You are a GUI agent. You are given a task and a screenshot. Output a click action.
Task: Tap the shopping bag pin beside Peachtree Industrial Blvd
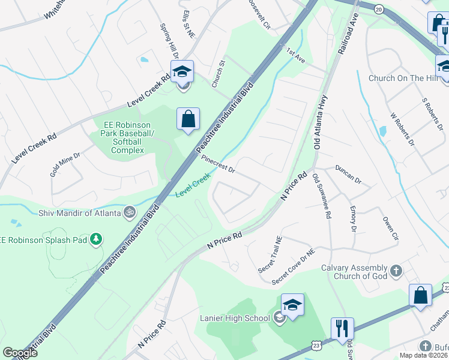pyautogui.click(x=188, y=118)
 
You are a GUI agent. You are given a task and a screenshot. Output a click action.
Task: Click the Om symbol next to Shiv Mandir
pyautogui.click(x=128, y=212)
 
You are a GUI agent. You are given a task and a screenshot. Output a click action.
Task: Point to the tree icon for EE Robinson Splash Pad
pyautogui.click(x=95, y=240)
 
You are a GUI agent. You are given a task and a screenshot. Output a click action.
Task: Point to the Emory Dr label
pyautogui.click(x=353, y=219)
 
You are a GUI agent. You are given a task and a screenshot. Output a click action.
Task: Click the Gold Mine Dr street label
pyautogui.click(x=65, y=164)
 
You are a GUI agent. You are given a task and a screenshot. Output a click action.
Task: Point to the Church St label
pyautogui.click(x=217, y=74)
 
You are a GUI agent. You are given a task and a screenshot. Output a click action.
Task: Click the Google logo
pyautogui.click(x=20, y=353)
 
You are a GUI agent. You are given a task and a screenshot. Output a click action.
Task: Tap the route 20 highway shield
pyautogui.click(x=378, y=9)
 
